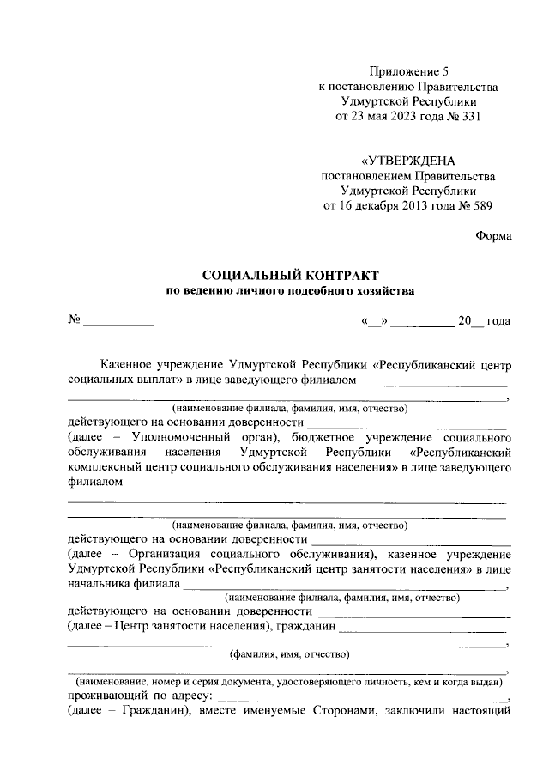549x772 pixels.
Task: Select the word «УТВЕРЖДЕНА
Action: point(407,161)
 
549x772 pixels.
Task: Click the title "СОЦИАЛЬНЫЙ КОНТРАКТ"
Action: point(289,276)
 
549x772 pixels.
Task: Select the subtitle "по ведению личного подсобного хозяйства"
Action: point(289,291)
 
